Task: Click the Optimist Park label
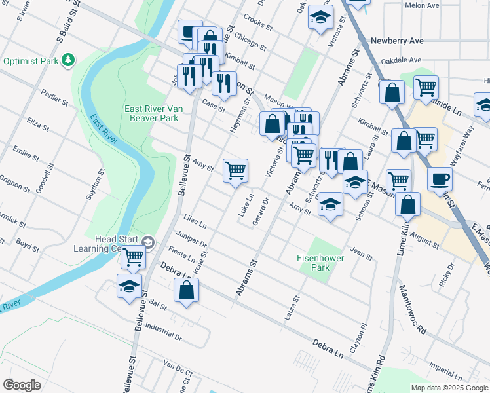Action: click(31, 61)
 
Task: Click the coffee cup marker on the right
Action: click(440, 178)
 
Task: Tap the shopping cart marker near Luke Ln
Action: click(235, 171)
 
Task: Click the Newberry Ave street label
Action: click(397, 40)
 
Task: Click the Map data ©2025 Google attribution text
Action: click(449, 387)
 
